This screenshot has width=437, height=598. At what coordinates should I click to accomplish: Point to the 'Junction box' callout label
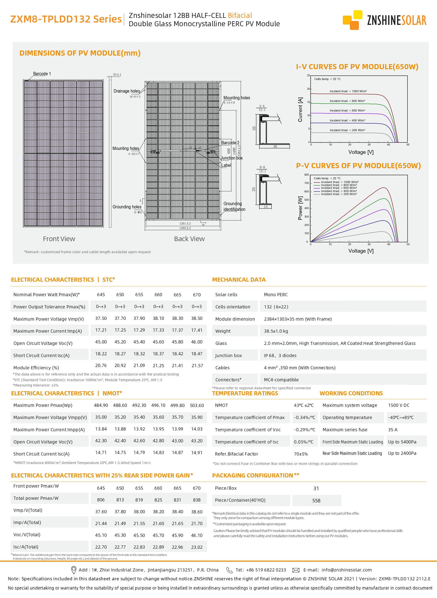pyautogui.click(x=232, y=158)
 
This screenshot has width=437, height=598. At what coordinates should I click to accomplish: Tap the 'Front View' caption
pyautogui.click(x=59, y=239)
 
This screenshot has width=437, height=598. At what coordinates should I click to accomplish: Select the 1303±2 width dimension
pyautogui.click(x=185, y=228)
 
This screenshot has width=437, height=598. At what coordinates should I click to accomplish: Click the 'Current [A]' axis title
pyautogui.click(x=300, y=110)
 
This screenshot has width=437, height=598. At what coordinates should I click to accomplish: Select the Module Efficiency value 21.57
pyautogui.click(x=197, y=366)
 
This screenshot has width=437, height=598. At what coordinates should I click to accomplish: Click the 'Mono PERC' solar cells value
pyautogui.click(x=276, y=295)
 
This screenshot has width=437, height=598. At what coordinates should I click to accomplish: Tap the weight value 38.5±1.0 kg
pyautogui.click(x=276, y=331)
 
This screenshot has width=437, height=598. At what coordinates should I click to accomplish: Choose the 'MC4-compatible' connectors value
pyautogui.click(x=281, y=380)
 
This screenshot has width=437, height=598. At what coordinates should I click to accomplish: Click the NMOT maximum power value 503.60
pyautogui.click(x=197, y=405)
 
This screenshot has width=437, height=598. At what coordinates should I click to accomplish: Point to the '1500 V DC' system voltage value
pyautogui.click(x=399, y=405)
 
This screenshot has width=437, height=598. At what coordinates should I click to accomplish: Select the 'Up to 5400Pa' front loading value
pyautogui.click(x=402, y=442)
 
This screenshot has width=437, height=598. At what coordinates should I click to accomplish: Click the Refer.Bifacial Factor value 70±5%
pyautogui.click(x=301, y=454)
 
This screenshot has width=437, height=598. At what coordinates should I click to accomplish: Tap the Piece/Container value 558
pyautogui.click(x=316, y=501)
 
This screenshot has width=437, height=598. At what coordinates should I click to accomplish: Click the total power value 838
pyautogui.click(x=197, y=500)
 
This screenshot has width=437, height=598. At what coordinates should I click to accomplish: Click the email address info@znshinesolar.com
pyautogui.click(x=347, y=570)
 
